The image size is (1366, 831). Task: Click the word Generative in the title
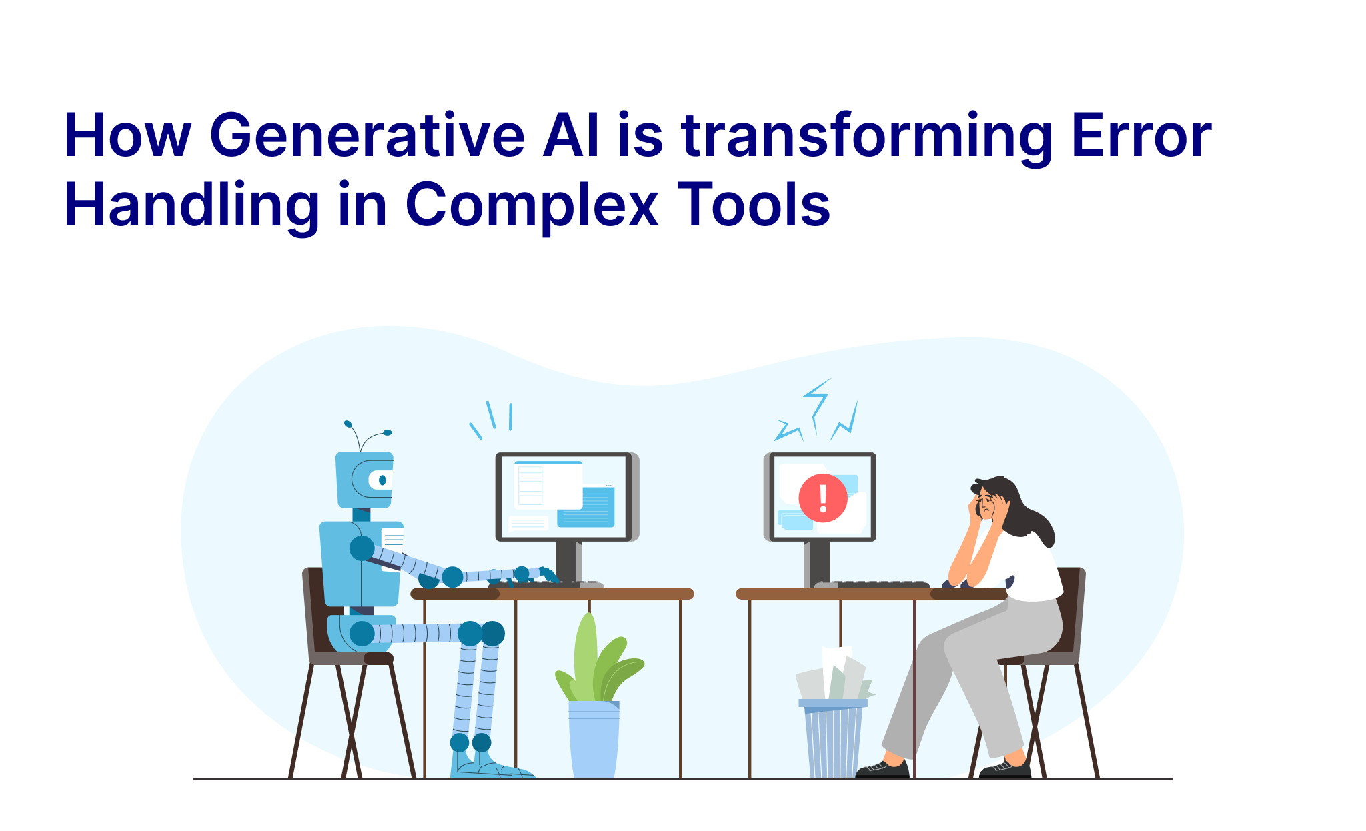pyautogui.click(x=368, y=136)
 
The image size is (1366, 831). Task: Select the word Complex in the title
pyautogui.click(x=532, y=205)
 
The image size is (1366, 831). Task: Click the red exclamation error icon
pyautogui.click(x=823, y=498)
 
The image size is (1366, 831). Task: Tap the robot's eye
pyautogui.click(x=382, y=480)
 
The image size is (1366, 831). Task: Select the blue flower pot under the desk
pyautogui.click(x=594, y=739)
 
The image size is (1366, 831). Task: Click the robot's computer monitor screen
pyautogui.click(x=563, y=496)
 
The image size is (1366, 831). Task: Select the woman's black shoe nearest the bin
pyautogui.click(x=882, y=770)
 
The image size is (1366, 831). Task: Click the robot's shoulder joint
pyautogui.click(x=362, y=548)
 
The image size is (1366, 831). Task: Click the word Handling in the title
pyautogui.click(x=192, y=205)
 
